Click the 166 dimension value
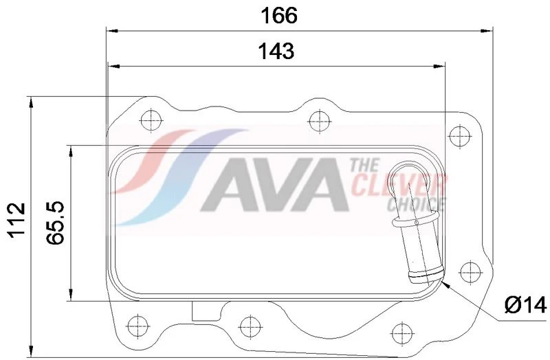click(279, 16)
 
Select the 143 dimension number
click(276, 51)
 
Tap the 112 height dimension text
click(17, 221)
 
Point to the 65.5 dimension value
click(56, 223)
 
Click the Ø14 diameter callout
click(526, 304)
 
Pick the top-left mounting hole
click(151, 120)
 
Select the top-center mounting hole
click(319, 121)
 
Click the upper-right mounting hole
click(460, 136)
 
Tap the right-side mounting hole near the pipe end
click(470, 272)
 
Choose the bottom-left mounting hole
click(138, 326)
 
